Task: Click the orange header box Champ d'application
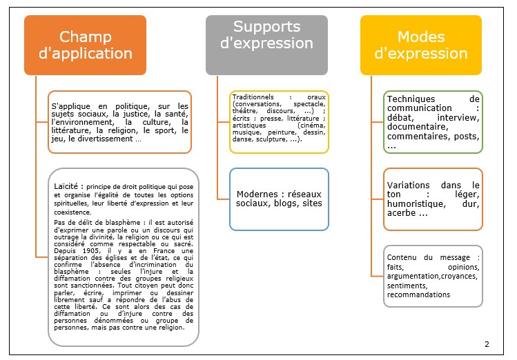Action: pyautogui.click(x=86, y=44)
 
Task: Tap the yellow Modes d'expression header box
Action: pyautogui.click(x=421, y=44)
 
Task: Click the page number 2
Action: pyautogui.click(x=487, y=344)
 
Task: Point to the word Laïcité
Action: pyautogui.click(x=68, y=186)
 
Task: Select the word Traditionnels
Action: pyautogui.click(x=253, y=97)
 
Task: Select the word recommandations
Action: pyautogui.click(x=419, y=294)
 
